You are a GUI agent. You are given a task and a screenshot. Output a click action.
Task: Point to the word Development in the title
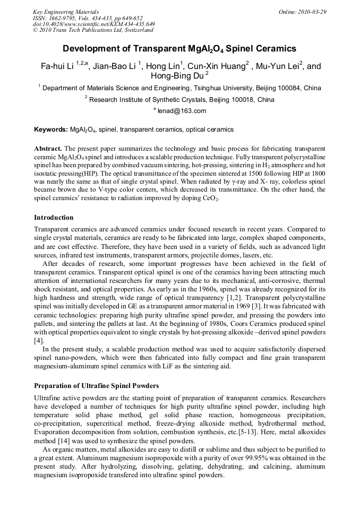89,49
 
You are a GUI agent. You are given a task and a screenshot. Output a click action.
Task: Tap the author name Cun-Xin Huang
216,66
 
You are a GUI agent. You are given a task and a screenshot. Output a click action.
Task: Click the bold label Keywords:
50,130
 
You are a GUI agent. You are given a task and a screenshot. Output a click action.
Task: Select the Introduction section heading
54,218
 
